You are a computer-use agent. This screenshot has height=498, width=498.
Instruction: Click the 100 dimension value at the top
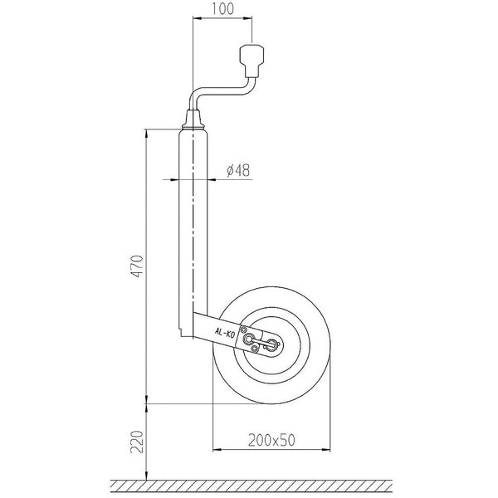[x=221, y=10]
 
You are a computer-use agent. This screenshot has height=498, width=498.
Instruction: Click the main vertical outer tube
[x=193, y=224]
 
